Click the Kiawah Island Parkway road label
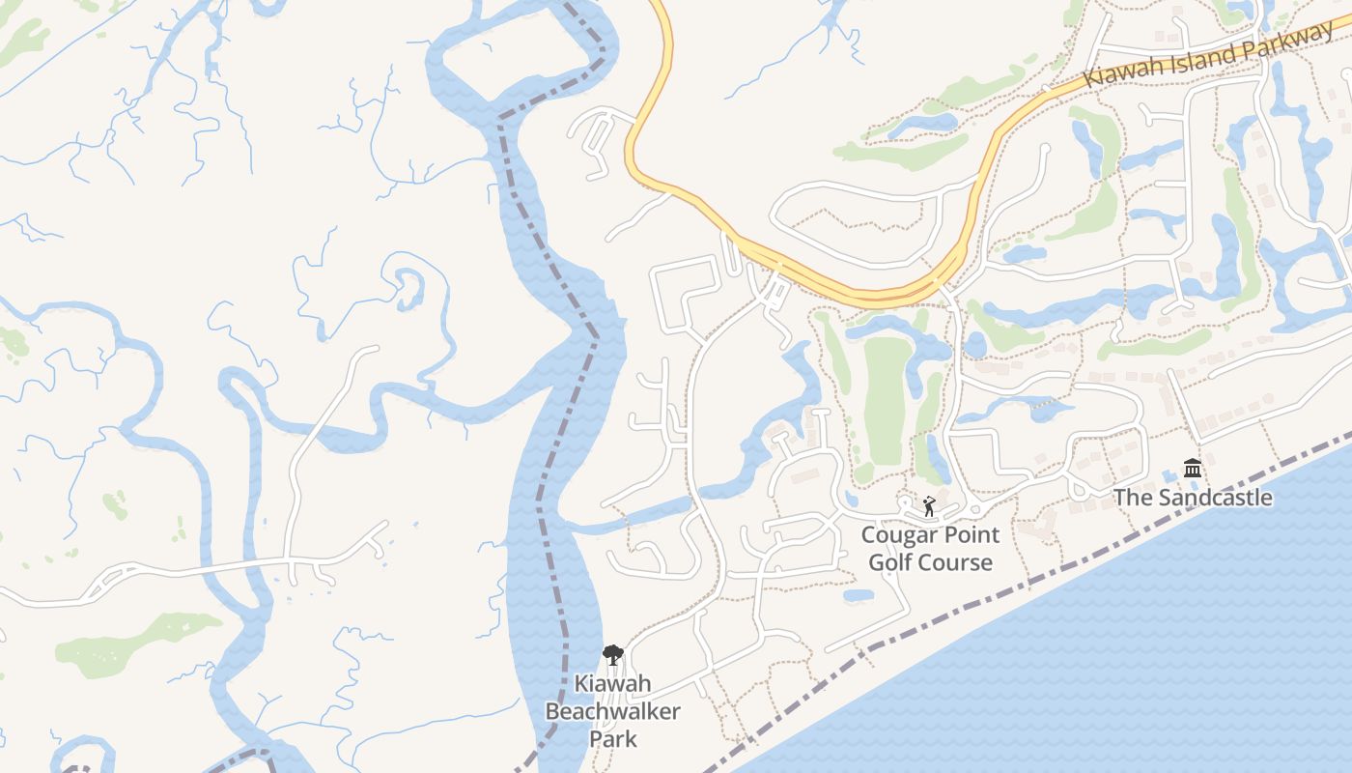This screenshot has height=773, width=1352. click(x=1207, y=56)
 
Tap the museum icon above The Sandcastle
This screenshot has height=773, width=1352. click(x=1193, y=469)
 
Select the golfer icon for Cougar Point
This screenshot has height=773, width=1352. click(x=929, y=505)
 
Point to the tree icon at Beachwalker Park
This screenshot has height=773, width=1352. click(x=612, y=655)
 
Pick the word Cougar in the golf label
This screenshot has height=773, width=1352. click(x=897, y=534)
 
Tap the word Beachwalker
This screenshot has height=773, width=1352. click(x=613, y=712)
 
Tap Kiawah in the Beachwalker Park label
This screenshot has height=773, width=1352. click(x=613, y=684)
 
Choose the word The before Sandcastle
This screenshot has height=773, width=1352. click(x=1132, y=499)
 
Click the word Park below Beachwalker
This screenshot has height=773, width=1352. click(x=613, y=739)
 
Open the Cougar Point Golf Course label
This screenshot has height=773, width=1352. click(x=931, y=549)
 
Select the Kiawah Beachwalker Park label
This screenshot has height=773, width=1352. click(x=613, y=712)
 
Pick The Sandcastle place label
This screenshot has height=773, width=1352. click(x=1193, y=499)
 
